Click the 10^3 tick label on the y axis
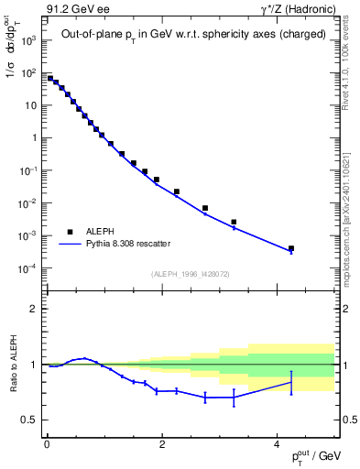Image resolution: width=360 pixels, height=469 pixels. (x=27, y=41)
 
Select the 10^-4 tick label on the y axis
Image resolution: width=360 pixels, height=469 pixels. (x=27, y=268)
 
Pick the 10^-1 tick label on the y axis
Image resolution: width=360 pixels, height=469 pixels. (x=27, y=171)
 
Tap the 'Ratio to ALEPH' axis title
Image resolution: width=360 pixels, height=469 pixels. (x=14, y=365)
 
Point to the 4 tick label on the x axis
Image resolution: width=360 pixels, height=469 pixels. (x=278, y=444)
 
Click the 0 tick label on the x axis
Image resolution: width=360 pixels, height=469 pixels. (x=46, y=444)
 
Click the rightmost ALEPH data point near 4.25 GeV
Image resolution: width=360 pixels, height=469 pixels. (x=291, y=248)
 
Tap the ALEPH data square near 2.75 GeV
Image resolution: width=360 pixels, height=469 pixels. (x=205, y=208)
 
